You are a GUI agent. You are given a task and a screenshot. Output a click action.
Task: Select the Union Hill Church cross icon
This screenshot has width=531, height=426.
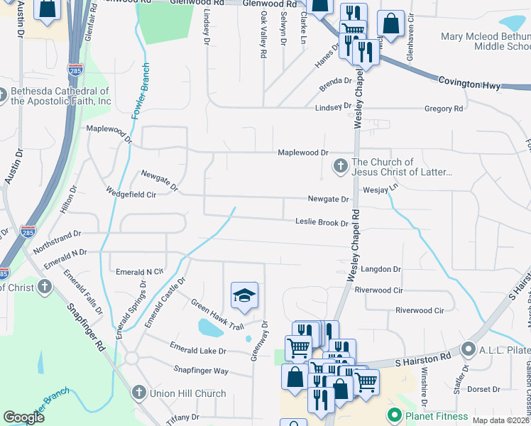point(139,393)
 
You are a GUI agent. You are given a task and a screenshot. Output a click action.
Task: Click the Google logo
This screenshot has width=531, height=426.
point(24,417)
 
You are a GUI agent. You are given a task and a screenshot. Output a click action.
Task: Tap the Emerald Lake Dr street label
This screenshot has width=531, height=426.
point(197,351)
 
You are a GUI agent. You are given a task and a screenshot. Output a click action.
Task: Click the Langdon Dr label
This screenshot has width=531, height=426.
point(381,269)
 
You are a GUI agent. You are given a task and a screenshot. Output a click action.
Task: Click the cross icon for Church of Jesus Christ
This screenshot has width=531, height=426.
point(340,167)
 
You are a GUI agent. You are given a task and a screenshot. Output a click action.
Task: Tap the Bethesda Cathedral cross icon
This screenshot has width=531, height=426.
point(4,95)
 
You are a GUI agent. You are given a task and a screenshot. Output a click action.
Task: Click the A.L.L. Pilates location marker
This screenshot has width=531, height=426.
point(468,349)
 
